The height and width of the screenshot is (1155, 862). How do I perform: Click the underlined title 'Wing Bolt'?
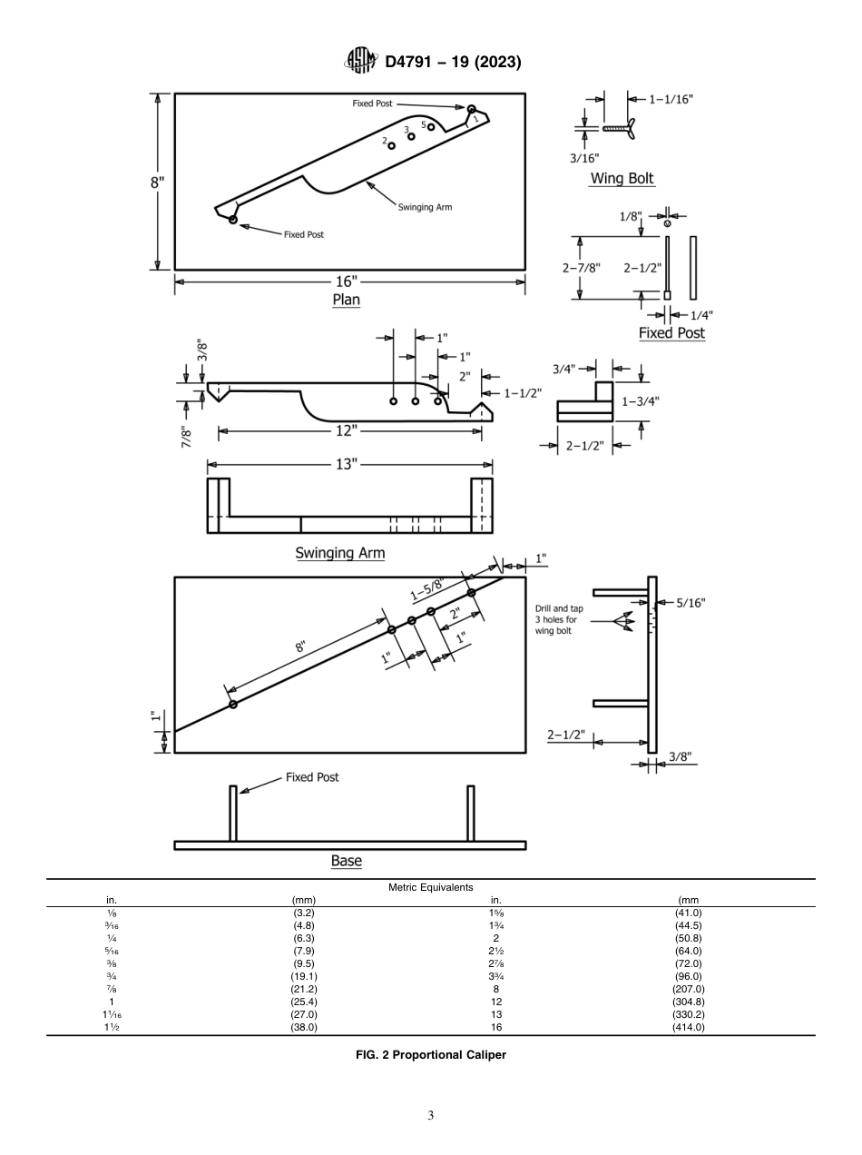[x=622, y=179]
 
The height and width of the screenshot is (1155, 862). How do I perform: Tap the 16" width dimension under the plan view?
[x=347, y=281]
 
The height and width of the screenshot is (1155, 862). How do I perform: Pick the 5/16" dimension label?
[x=690, y=602]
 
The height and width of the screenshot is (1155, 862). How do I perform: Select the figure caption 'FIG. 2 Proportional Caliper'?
[x=430, y=1055]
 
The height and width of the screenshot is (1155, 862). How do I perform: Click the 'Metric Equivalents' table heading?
[x=430, y=887]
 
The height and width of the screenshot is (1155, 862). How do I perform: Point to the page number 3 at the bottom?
[x=430, y=1115]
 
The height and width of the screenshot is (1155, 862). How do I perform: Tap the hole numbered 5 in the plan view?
[x=432, y=127]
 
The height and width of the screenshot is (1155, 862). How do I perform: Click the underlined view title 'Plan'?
[x=347, y=301]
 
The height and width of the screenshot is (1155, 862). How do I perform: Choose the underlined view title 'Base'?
[x=347, y=861]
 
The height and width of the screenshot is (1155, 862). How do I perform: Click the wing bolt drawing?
[x=621, y=128]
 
